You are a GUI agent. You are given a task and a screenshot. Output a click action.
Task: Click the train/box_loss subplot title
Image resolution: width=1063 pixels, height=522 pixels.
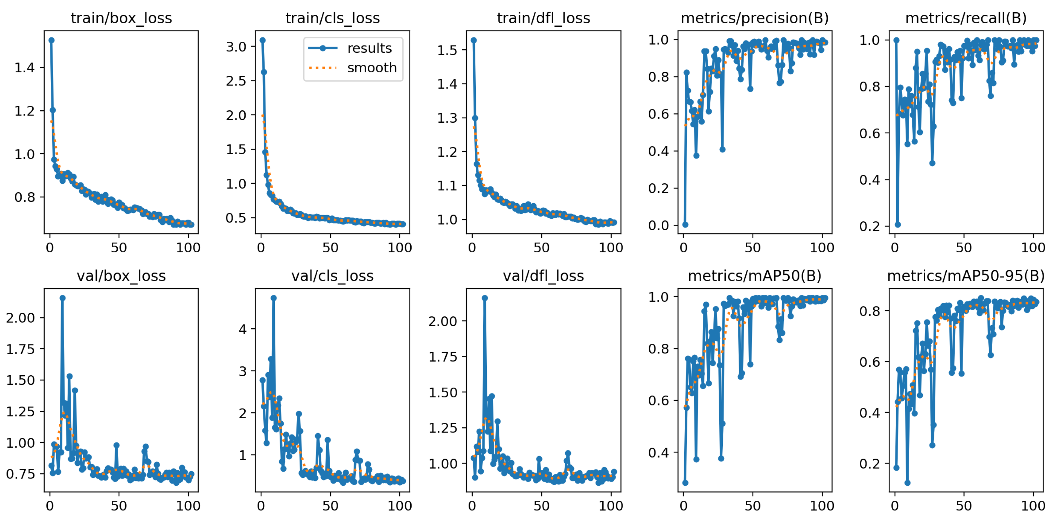[121, 18]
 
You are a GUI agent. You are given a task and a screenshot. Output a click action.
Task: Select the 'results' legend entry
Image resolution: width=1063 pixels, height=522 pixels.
[369, 48]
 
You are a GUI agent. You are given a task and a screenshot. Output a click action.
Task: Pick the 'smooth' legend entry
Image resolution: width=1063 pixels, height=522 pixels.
[371, 68]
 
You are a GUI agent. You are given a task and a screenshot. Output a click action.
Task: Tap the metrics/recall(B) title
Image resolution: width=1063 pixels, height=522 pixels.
[966, 18]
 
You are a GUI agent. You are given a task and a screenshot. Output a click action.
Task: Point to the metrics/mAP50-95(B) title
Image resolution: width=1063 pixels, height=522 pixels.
[966, 276]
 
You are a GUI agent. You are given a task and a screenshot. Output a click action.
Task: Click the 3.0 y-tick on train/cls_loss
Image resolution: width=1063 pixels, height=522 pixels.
[236, 47]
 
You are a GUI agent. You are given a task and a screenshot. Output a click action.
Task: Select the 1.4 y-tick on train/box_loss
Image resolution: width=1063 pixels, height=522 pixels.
[24, 68]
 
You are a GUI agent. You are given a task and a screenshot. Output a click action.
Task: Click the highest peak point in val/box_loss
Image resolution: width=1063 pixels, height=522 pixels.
[62, 298]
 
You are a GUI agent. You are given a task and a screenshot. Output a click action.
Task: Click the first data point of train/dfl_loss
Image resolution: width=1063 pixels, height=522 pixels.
[474, 40]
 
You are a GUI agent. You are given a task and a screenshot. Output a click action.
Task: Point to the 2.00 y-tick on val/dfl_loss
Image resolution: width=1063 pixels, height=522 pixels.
[442, 321]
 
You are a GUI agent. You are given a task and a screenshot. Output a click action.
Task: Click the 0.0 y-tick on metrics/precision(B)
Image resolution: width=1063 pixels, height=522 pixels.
[658, 226]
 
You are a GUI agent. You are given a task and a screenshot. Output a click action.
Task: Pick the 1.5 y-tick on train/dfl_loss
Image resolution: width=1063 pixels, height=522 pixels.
[447, 50]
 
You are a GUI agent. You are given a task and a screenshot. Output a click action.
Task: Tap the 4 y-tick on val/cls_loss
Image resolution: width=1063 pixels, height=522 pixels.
[243, 329]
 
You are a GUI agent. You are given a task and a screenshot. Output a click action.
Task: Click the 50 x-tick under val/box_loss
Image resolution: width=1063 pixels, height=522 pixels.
[119, 506]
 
